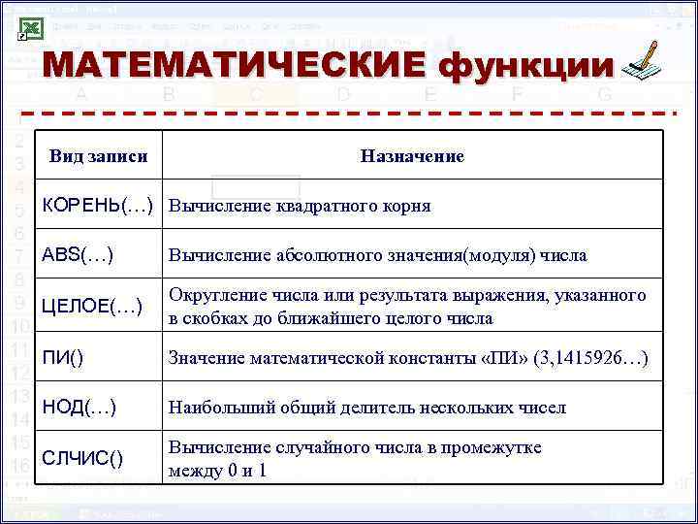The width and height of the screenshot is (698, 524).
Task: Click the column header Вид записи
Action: click(x=98, y=156)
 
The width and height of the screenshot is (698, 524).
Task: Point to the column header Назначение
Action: click(x=411, y=156)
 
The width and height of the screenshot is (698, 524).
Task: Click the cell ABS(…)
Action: click(x=78, y=255)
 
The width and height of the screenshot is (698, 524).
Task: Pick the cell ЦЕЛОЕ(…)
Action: click(x=92, y=307)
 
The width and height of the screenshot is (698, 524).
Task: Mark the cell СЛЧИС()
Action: click(x=82, y=457)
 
